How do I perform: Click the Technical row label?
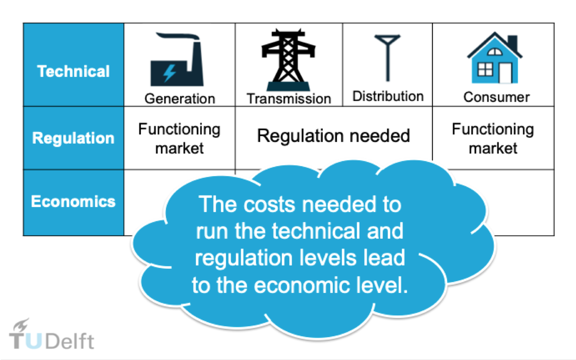tap(74, 71)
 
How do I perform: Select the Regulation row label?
tap(73, 138)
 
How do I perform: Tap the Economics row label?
tap(73, 201)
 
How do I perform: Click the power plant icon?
tap(177, 60)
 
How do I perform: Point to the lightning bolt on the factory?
tap(170, 73)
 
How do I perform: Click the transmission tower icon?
tap(288, 60)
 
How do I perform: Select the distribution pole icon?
tap(387, 58)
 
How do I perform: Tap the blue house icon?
tap(495, 58)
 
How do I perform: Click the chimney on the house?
tap(512, 44)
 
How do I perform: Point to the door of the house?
tap(505, 73)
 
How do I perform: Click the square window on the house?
tap(485, 70)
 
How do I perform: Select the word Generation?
tap(180, 99)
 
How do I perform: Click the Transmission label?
tap(289, 99)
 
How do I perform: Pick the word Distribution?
tap(388, 96)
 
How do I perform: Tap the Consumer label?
tap(496, 97)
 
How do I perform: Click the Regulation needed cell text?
tap(333, 136)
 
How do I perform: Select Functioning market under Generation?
tap(179, 139)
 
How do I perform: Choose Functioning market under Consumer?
tap(493, 139)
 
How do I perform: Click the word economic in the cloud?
tap(303, 286)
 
